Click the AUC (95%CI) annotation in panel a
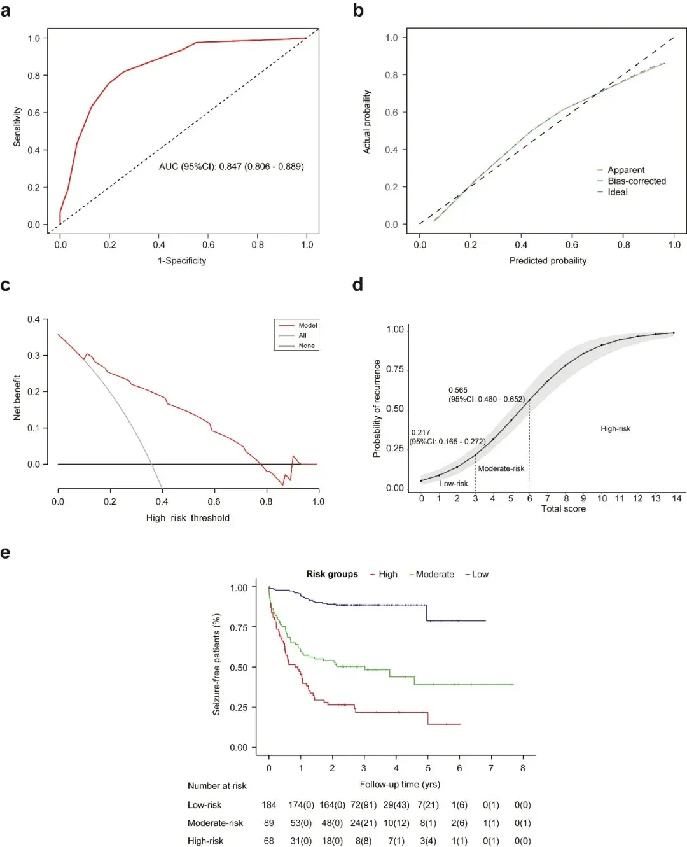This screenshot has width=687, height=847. click(x=232, y=166)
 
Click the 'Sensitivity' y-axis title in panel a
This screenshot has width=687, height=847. click(x=17, y=127)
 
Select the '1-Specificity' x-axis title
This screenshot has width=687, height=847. click(x=182, y=260)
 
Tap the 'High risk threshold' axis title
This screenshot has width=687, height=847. click(x=188, y=518)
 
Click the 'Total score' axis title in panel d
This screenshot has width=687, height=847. click(x=564, y=508)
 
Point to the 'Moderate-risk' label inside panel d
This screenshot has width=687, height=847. click(x=501, y=468)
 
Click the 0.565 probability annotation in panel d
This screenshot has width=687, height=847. click(x=458, y=390)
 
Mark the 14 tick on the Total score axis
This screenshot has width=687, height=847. click(x=677, y=498)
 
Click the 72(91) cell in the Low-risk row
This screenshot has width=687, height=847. click(x=363, y=805)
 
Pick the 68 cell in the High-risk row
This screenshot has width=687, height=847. click(x=269, y=841)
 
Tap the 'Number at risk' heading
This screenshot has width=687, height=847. click(x=217, y=786)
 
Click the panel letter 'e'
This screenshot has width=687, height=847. click(x=5, y=553)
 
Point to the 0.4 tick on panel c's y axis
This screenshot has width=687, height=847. click(x=33, y=319)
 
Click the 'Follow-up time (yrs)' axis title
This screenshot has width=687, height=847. click(x=399, y=784)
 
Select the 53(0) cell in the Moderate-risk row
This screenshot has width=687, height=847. click(x=301, y=823)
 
